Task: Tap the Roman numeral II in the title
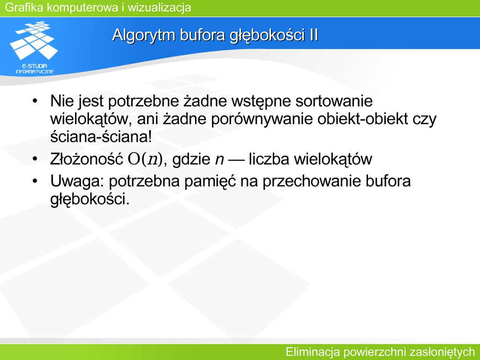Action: (x=314, y=35)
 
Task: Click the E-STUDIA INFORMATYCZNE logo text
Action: (x=35, y=69)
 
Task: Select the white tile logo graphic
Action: (x=34, y=40)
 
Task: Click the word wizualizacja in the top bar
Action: (x=159, y=7)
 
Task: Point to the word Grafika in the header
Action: (x=24, y=7)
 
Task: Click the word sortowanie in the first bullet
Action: (x=334, y=101)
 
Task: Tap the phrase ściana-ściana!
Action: (x=101, y=136)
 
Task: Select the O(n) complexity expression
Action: (x=145, y=159)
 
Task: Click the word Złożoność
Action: (x=87, y=159)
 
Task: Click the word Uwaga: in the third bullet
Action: (x=77, y=181)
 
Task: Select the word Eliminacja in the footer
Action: (x=313, y=352)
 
